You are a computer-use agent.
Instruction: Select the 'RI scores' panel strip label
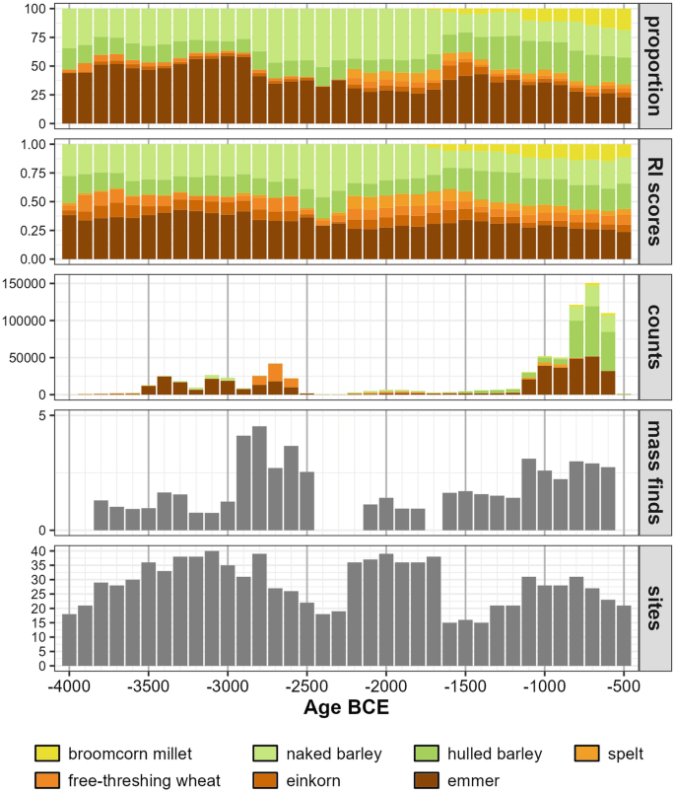coord(656,201)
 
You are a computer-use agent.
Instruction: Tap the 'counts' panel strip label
coord(656,336)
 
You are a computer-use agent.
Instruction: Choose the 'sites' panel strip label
coord(656,607)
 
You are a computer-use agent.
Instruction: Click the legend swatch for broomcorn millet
coord(49,755)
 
